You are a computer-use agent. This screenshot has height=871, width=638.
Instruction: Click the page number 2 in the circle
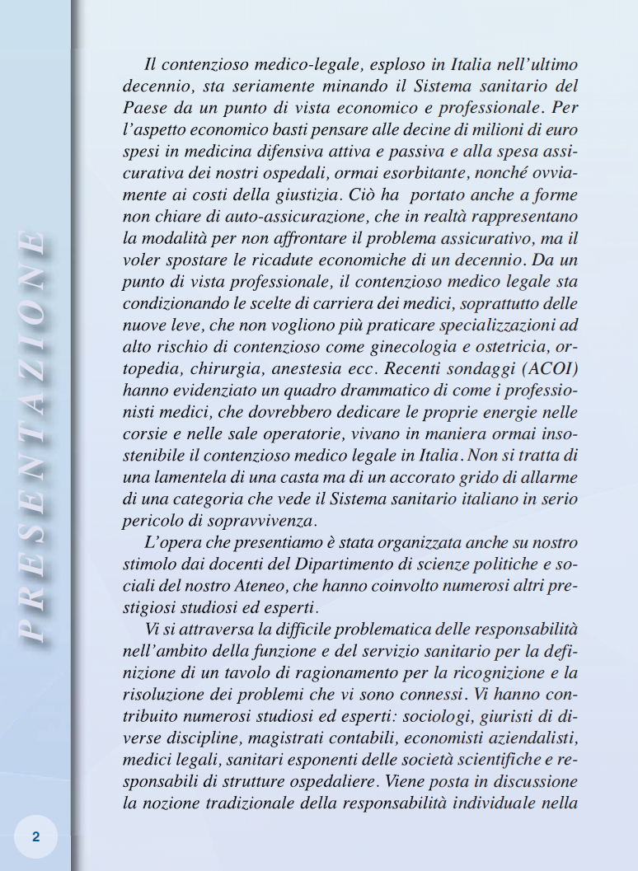pyautogui.click(x=35, y=836)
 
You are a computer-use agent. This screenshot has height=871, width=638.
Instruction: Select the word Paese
pyautogui.click(x=143, y=107)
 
